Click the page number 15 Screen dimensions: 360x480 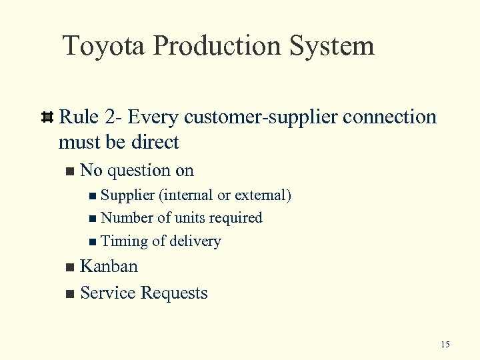coord(445,344)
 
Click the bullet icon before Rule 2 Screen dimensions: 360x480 coord(47,118)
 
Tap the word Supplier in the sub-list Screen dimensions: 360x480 coord(127,195)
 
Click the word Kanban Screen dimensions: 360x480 coord(109,267)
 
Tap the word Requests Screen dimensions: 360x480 coord(175,293)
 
